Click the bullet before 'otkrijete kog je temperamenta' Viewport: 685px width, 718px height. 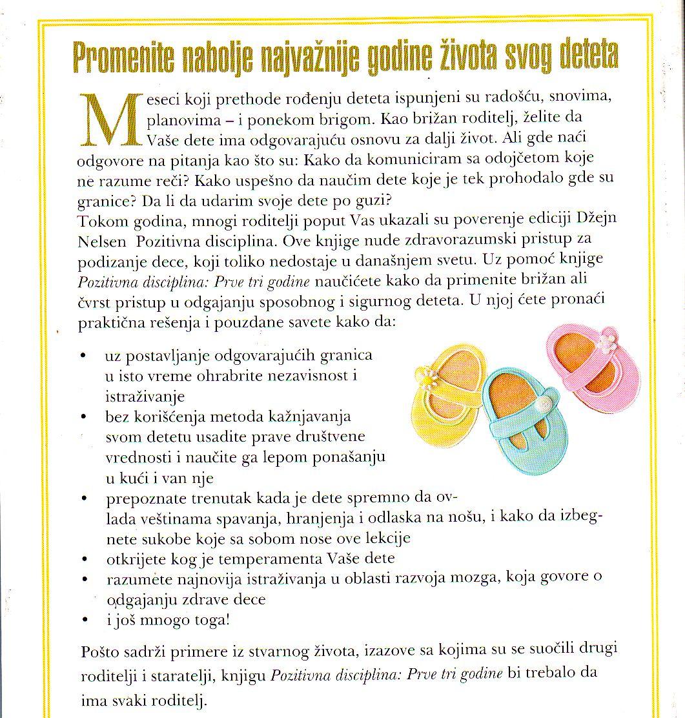pyautogui.click(x=84, y=558)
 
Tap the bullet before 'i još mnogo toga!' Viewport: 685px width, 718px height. pyautogui.click(x=84, y=621)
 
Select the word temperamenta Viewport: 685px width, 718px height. pyautogui.click(x=275, y=557)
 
